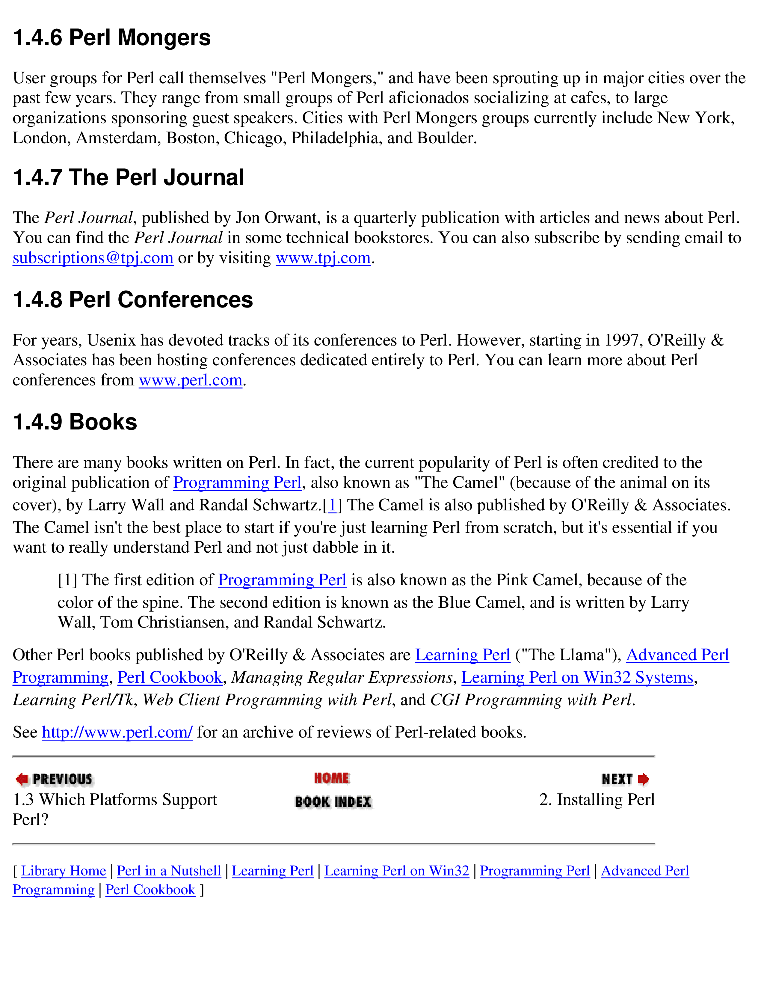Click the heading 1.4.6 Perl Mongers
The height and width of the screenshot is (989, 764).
(x=112, y=37)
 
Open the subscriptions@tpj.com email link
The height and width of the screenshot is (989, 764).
(x=93, y=258)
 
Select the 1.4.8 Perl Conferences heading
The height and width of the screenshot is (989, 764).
(x=133, y=300)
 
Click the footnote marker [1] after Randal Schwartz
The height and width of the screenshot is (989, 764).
(x=332, y=505)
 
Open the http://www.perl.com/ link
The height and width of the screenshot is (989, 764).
(x=117, y=732)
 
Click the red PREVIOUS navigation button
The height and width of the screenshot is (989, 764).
(x=54, y=779)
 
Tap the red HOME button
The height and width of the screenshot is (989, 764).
(x=332, y=778)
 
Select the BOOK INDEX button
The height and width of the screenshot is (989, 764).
(x=333, y=801)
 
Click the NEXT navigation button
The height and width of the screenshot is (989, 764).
(x=625, y=779)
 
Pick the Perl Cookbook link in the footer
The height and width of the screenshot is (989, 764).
(x=150, y=890)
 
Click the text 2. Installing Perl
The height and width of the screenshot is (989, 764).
(x=597, y=800)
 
